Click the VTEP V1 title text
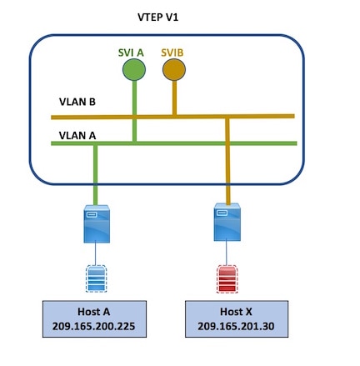[157, 18]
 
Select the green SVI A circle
[134, 69]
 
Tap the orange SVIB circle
[174, 69]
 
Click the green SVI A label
[131, 53]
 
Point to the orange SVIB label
[172, 53]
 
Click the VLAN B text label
[77, 102]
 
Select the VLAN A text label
[77, 136]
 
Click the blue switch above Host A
[97, 223]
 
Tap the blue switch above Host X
[227, 222]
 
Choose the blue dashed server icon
[96, 278]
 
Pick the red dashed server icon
[227, 278]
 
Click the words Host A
[94, 312]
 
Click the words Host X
[236, 312]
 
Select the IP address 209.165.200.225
[93, 326]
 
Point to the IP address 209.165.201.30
[236, 326]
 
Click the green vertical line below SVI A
[134, 111]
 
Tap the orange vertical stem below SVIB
[174, 98]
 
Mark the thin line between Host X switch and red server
[227, 253]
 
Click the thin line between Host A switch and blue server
[96, 254]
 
